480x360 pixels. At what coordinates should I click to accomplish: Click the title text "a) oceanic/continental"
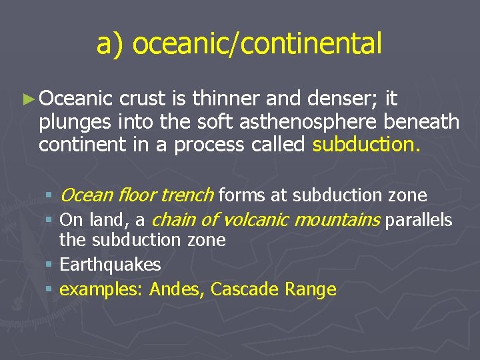239,44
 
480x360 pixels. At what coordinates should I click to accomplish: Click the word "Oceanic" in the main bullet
76,99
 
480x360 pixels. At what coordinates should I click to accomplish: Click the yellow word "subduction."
366,145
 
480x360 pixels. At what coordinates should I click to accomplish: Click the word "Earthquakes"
111,265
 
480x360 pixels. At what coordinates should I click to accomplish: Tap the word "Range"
311,289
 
